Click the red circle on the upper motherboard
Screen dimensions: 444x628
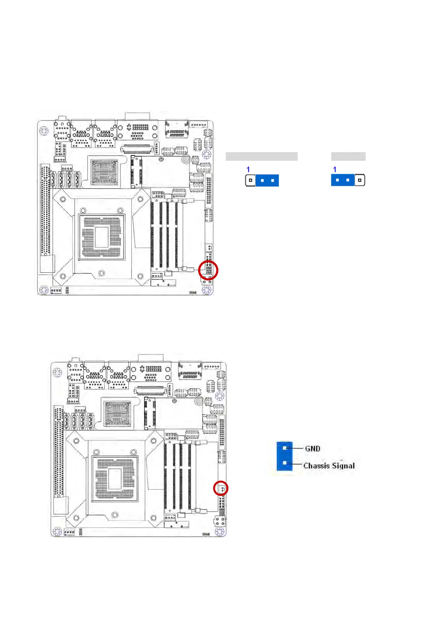[x=208, y=270]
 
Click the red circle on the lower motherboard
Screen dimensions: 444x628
[x=221, y=488]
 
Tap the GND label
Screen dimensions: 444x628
[x=312, y=448]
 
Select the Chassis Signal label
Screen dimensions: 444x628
[x=329, y=465]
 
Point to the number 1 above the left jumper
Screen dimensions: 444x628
[x=248, y=170]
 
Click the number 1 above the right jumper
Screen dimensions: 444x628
[x=335, y=170]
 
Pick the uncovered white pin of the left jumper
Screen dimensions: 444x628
[x=250, y=180]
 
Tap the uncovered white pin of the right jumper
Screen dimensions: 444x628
[x=359, y=180]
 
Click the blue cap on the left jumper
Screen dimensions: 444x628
[x=267, y=180]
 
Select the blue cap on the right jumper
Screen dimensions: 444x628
[x=343, y=180]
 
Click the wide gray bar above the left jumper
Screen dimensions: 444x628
[x=262, y=156]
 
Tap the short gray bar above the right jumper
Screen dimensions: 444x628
[x=348, y=156]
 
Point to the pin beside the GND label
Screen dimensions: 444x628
[x=285, y=448]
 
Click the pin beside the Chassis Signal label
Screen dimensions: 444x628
[x=285, y=463]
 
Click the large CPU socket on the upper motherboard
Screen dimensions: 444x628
[x=101, y=237]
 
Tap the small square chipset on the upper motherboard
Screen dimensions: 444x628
[x=104, y=172]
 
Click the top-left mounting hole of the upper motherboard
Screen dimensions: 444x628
[x=44, y=131]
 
